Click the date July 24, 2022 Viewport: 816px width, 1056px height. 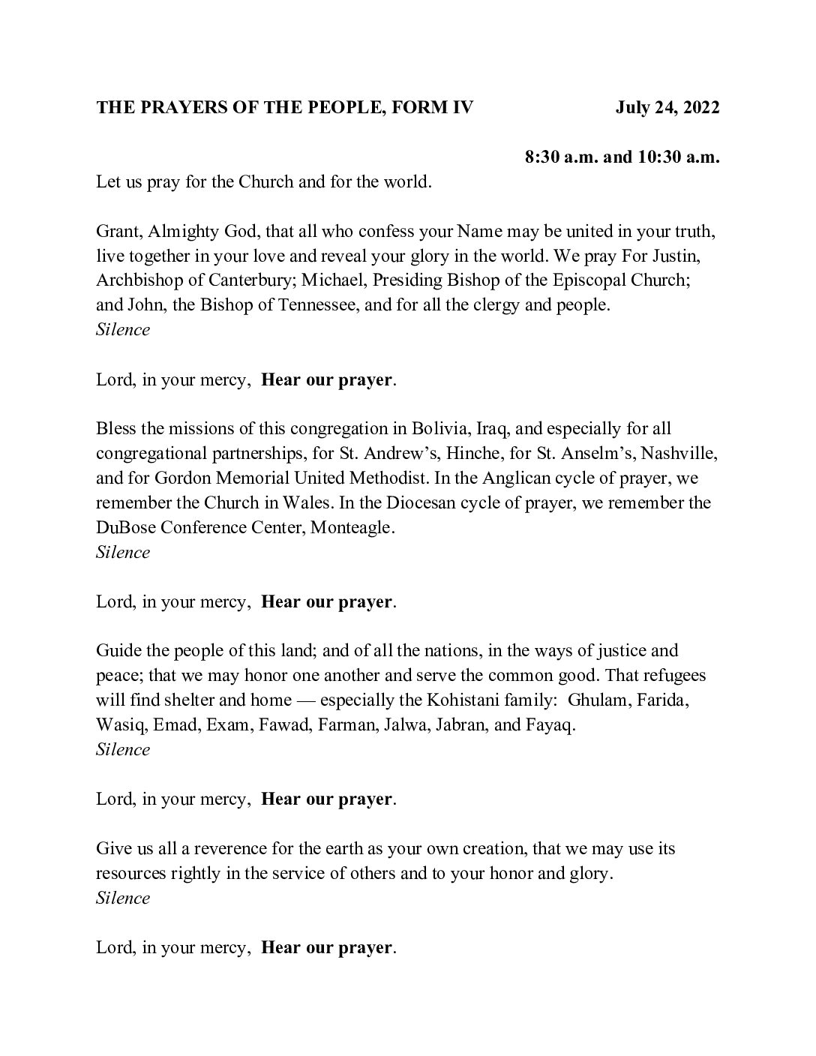click(667, 108)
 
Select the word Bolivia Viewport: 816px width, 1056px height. click(439, 429)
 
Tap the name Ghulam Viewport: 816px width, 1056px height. click(596, 700)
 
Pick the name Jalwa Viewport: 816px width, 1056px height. click(402, 725)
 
